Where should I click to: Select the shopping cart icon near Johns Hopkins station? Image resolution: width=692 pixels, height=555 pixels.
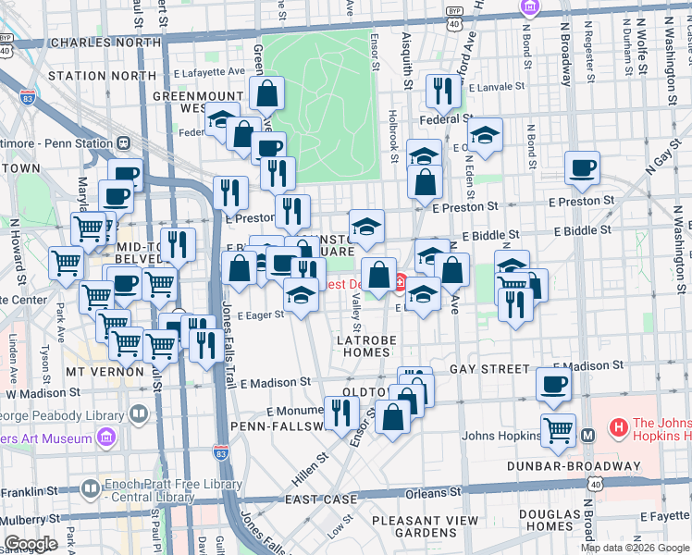click(x=558, y=429)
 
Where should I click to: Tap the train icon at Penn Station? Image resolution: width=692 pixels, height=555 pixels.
click(x=121, y=143)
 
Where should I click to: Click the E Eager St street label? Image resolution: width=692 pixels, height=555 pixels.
click(x=260, y=315)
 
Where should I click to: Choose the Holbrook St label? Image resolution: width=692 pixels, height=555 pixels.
click(x=392, y=139)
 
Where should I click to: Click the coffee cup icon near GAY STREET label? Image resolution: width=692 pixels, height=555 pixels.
click(x=554, y=384)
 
